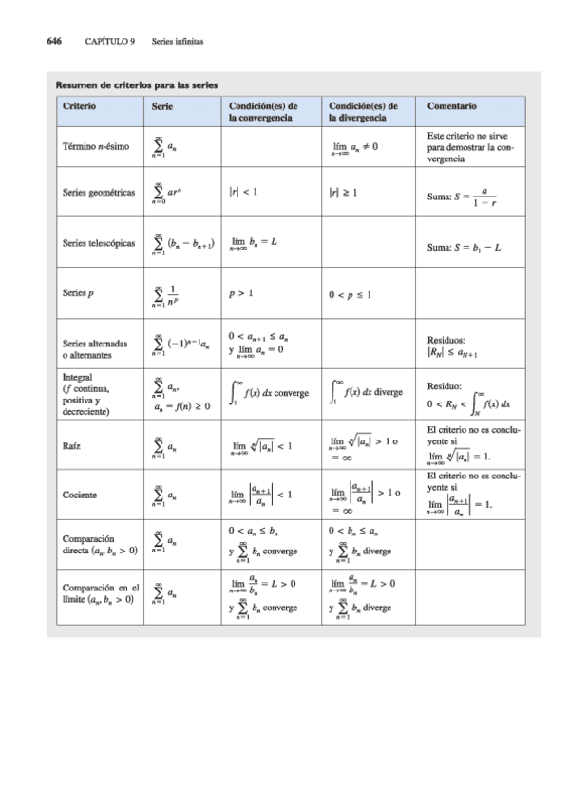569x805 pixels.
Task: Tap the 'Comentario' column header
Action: pos(453,106)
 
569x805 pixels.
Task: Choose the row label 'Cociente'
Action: pos(80,495)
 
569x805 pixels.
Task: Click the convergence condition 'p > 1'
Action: pos(240,294)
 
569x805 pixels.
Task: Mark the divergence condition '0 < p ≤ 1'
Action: pos(351,294)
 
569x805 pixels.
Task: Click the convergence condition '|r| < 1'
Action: pos(243,192)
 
